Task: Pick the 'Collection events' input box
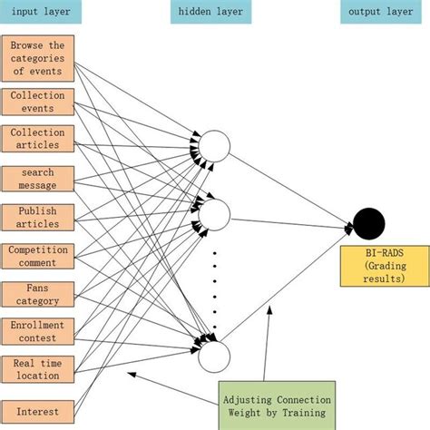pos(37,101)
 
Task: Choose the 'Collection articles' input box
pos(37,139)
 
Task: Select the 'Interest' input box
pos(37,411)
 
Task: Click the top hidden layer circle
pos(216,145)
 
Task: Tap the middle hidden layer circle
pos(216,214)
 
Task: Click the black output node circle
pos(369,222)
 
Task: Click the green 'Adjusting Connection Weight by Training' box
pos(276,405)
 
